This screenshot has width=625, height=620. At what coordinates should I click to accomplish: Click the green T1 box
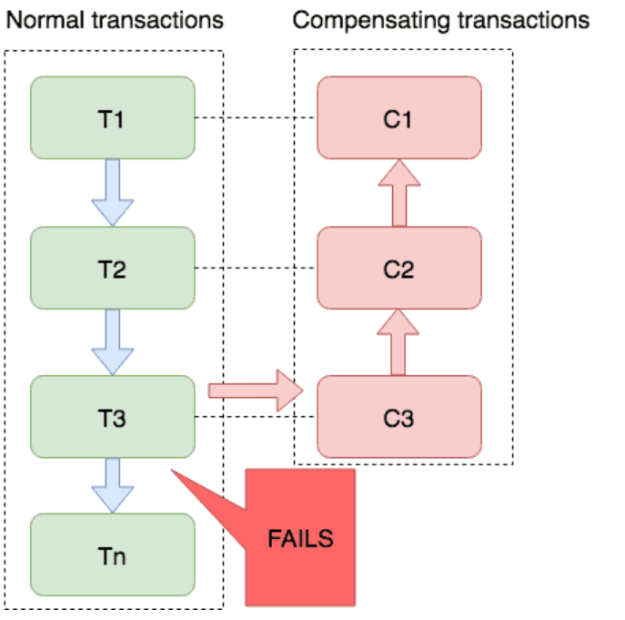point(113,117)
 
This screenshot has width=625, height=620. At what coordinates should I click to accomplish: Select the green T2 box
point(113,268)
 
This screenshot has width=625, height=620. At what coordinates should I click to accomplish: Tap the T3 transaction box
point(113,417)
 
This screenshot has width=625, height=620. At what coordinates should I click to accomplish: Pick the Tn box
point(113,554)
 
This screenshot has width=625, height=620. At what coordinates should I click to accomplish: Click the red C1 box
point(399,117)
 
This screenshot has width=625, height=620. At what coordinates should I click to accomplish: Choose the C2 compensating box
point(399,268)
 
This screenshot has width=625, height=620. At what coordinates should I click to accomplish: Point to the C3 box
point(399,417)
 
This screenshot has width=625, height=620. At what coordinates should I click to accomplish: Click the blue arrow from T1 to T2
point(113,193)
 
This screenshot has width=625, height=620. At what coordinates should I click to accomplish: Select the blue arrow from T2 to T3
point(113,342)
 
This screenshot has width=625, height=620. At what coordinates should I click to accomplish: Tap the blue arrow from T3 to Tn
point(113,485)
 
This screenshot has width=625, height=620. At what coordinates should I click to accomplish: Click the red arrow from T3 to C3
point(256,391)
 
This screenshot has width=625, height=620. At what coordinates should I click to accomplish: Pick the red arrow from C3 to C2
point(398,342)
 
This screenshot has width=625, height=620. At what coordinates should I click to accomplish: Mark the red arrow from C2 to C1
point(399,193)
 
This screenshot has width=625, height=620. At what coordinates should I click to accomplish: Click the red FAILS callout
point(300,538)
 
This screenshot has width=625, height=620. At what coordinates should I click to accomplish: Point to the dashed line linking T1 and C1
point(256,117)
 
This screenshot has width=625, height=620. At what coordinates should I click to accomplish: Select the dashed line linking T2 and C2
point(256,268)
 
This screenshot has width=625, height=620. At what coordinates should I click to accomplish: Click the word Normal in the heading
point(45,20)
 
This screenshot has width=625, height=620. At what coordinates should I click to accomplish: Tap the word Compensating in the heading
point(372,21)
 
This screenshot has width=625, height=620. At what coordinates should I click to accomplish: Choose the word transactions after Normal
point(158,20)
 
